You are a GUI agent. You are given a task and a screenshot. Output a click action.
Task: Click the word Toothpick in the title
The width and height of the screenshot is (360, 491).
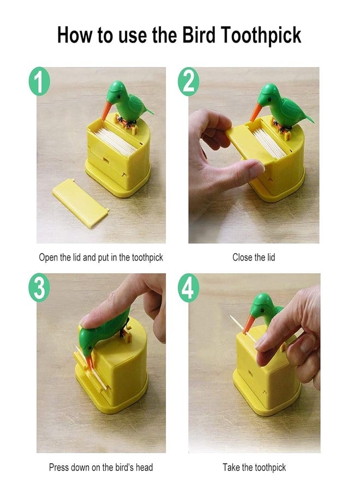(261, 35)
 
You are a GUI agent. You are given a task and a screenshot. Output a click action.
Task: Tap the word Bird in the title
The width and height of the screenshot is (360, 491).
(199, 34)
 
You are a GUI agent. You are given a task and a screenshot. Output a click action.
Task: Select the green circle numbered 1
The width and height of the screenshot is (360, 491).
(39, 81)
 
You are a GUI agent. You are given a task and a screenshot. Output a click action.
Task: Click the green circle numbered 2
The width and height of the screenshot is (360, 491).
(189, 81)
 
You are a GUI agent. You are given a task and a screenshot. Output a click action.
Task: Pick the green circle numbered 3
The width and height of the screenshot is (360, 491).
(39, 288)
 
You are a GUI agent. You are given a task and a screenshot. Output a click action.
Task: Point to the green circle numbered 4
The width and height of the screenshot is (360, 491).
(189, 288)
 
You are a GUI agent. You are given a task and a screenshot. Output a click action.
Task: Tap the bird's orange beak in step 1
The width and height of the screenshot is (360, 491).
(106, 111)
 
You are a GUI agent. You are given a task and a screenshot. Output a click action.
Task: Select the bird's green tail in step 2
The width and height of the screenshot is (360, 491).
(306, 117)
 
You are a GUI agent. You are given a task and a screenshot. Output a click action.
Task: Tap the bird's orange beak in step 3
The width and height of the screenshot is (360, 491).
(90, 361)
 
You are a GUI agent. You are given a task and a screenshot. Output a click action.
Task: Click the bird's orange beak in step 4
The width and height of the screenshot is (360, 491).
(249, 324)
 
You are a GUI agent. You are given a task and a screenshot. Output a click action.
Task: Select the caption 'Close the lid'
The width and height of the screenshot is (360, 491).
(254, 258)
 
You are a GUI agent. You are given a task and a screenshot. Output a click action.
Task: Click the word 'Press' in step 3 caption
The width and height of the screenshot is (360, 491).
(58, 467)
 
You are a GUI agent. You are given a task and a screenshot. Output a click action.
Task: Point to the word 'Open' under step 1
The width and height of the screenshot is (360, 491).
(48, 258)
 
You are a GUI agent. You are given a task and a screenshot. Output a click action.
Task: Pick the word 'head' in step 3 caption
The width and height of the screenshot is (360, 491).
(143, 467)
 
